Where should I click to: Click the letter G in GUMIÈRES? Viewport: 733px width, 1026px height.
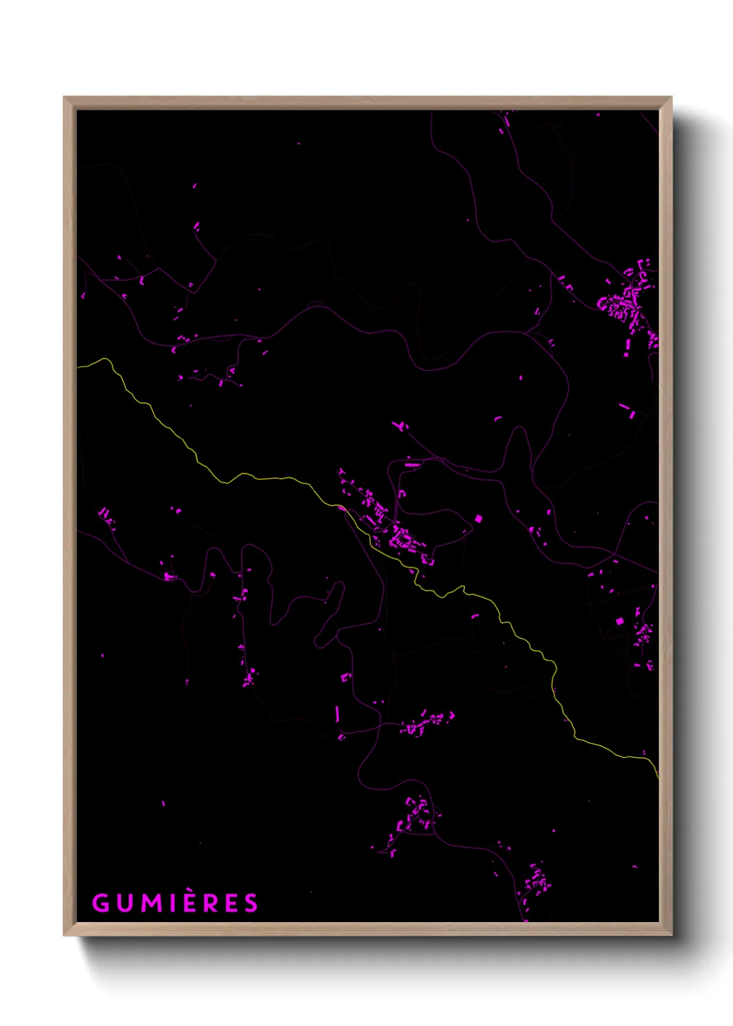(x=101, y=903)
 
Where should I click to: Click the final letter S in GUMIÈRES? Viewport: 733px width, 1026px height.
(x=251, y=903)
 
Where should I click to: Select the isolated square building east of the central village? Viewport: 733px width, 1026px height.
(x=478, y=519)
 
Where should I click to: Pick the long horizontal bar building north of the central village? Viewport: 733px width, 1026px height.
(x=413, y=464)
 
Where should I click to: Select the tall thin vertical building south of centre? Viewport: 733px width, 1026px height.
(x=337, y=713)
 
